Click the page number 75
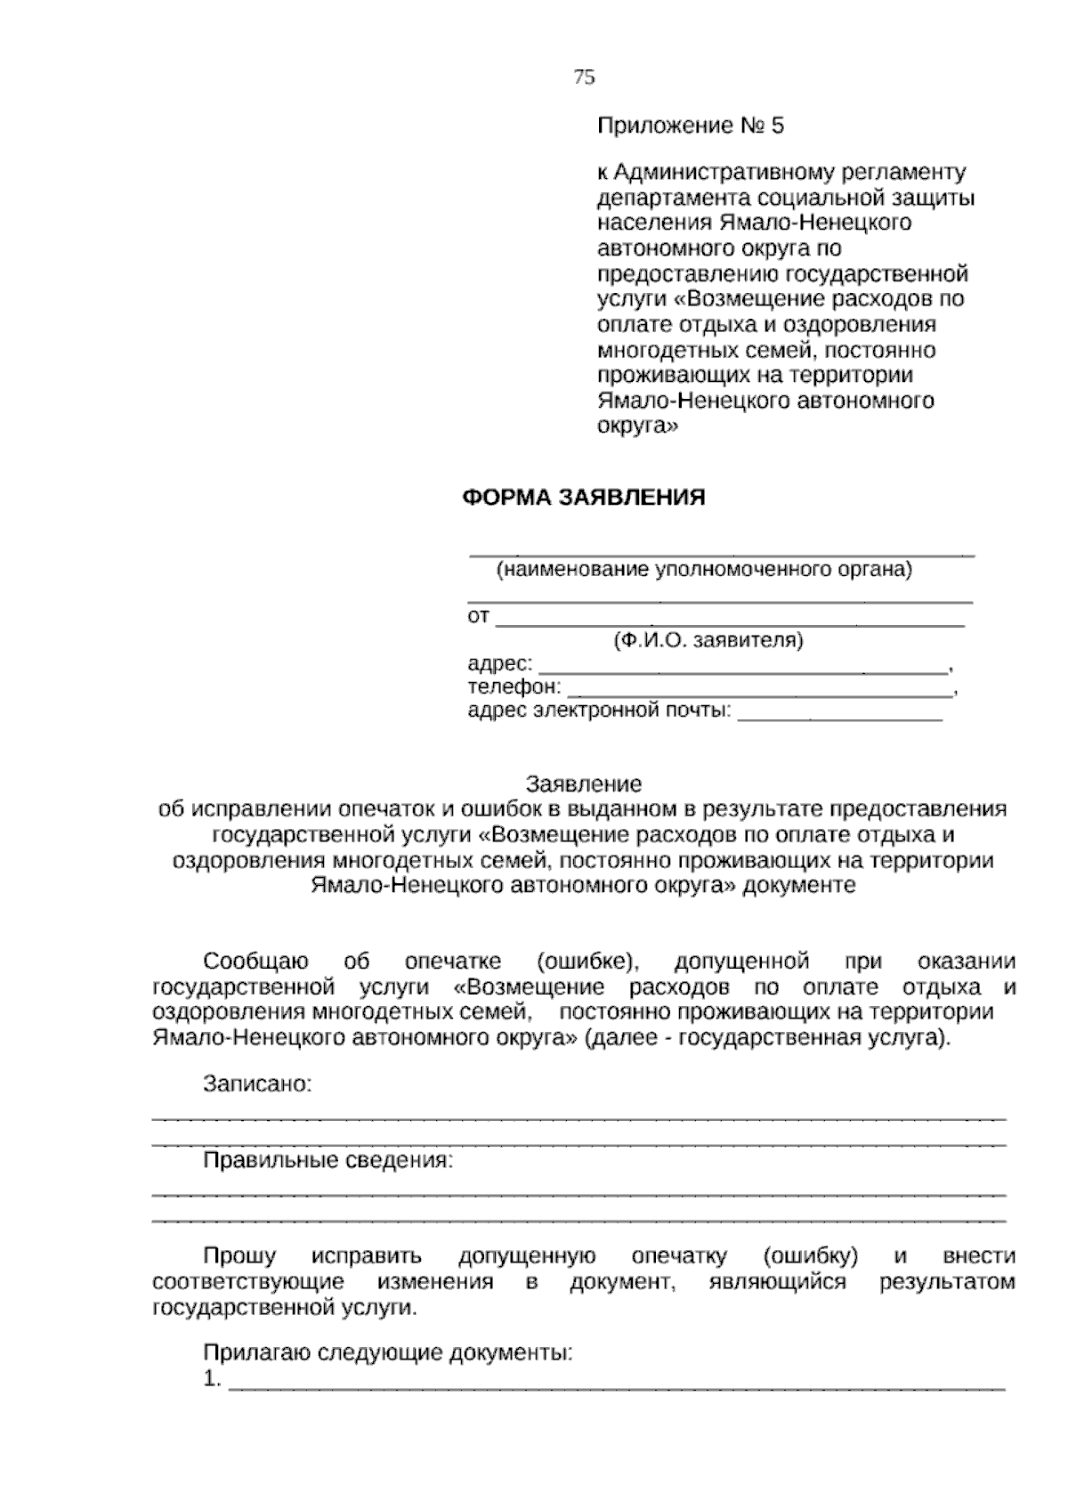point(584,77)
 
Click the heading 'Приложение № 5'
point(691,126)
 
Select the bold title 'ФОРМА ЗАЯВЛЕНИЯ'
point(584,498)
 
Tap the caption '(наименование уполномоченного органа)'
point(704,570)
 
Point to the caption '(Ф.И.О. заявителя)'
point(708,640)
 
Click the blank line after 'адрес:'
point(744,670)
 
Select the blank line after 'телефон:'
point(759,692)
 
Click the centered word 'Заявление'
point(584,784)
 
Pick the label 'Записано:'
point(257,1084)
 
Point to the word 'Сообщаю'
point(256,962)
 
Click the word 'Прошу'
point(239,1256)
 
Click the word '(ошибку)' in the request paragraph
point(810,1256)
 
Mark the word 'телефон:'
point(514,687)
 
